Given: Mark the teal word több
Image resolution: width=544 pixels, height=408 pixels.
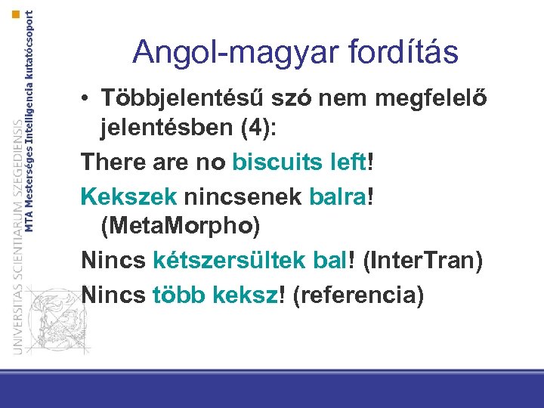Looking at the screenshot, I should pyautogui.click(x=178, y=293).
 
